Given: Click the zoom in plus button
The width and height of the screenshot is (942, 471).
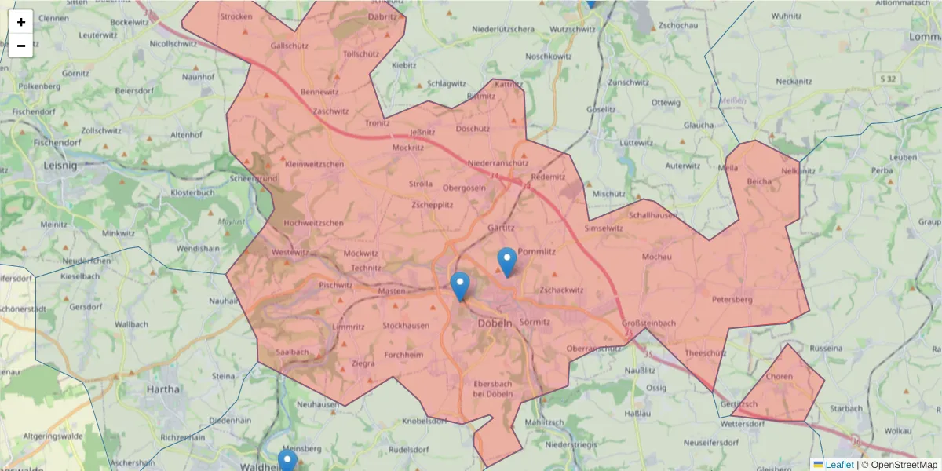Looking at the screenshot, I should tap(21, 22).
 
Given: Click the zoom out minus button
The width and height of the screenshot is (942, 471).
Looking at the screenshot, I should tap(21, 46).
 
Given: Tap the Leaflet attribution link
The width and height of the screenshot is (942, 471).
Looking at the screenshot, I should tap(838, 465).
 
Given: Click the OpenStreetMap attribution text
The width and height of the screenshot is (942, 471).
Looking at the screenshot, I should tap(904, 465).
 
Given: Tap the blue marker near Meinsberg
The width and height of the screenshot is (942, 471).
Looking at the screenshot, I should tap(287, 461).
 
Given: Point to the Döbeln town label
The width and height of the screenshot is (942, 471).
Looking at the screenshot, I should tap(495, 323).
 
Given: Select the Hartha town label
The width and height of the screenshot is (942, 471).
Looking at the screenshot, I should tap(163, 389).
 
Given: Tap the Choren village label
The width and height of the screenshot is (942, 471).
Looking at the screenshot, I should tap(780, 377).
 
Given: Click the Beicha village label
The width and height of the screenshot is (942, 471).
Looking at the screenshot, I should tap(759, 181).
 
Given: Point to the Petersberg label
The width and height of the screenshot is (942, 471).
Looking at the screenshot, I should tap(732, 299).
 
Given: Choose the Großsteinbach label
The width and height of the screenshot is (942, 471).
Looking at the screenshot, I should tap(648, 323).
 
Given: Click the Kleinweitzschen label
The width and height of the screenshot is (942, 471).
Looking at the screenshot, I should tap(315, 164).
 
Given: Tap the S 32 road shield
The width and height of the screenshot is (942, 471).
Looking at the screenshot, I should tap(888, 78).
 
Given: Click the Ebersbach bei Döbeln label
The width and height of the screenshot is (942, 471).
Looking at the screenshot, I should tap(493, 388).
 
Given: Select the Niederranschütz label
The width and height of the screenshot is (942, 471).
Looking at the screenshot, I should tap(498, 163).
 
